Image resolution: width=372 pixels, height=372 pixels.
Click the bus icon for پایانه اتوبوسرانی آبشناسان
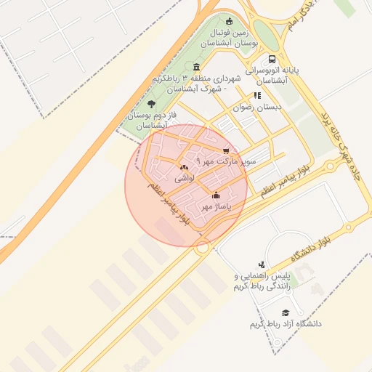[272, 59]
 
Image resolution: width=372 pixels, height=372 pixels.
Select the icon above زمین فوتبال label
[230, 21]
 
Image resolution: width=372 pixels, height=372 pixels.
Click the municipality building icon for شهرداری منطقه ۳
[197, 67]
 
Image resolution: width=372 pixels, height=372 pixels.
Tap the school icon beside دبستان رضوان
[257, 95]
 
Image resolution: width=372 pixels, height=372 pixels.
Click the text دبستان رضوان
[255, 107]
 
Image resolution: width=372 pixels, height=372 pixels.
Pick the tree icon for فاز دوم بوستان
[151, 104]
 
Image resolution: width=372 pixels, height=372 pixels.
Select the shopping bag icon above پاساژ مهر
[216, 195]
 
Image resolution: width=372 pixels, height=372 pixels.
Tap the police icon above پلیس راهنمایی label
[262, 264]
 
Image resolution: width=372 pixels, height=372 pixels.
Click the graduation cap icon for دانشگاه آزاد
[285, 312]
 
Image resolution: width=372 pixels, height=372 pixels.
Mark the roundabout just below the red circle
[202, 247]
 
